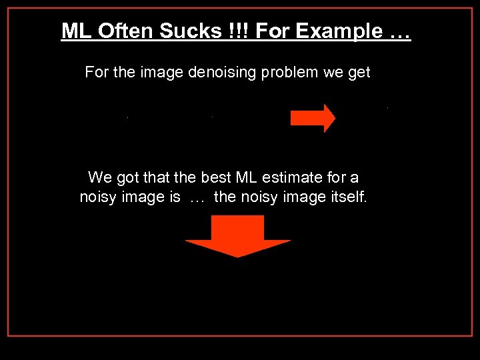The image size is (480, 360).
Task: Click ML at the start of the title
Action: click(73, 31)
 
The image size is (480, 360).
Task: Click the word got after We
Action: click(129, 177)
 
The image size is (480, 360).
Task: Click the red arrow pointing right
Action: click(313, 118)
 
